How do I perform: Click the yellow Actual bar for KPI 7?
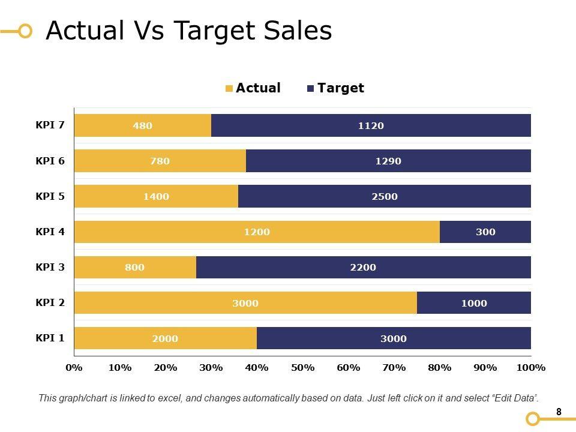(142, 125)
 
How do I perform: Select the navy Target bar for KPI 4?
(485, 232)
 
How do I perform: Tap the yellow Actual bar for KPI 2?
(245, 303)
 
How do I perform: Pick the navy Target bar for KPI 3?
(363, 268)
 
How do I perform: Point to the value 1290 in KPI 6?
(388, 161)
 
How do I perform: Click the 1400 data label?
(156, 196)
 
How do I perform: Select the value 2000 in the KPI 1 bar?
(165, 338)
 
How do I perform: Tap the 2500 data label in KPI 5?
(385, 196)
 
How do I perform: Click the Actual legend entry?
(253, 88)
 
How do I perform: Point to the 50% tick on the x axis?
(302, 368)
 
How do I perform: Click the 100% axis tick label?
(530, 368)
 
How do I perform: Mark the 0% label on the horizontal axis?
(74, 368)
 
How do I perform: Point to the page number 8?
(559, 412)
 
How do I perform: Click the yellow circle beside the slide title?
(25, 31)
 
